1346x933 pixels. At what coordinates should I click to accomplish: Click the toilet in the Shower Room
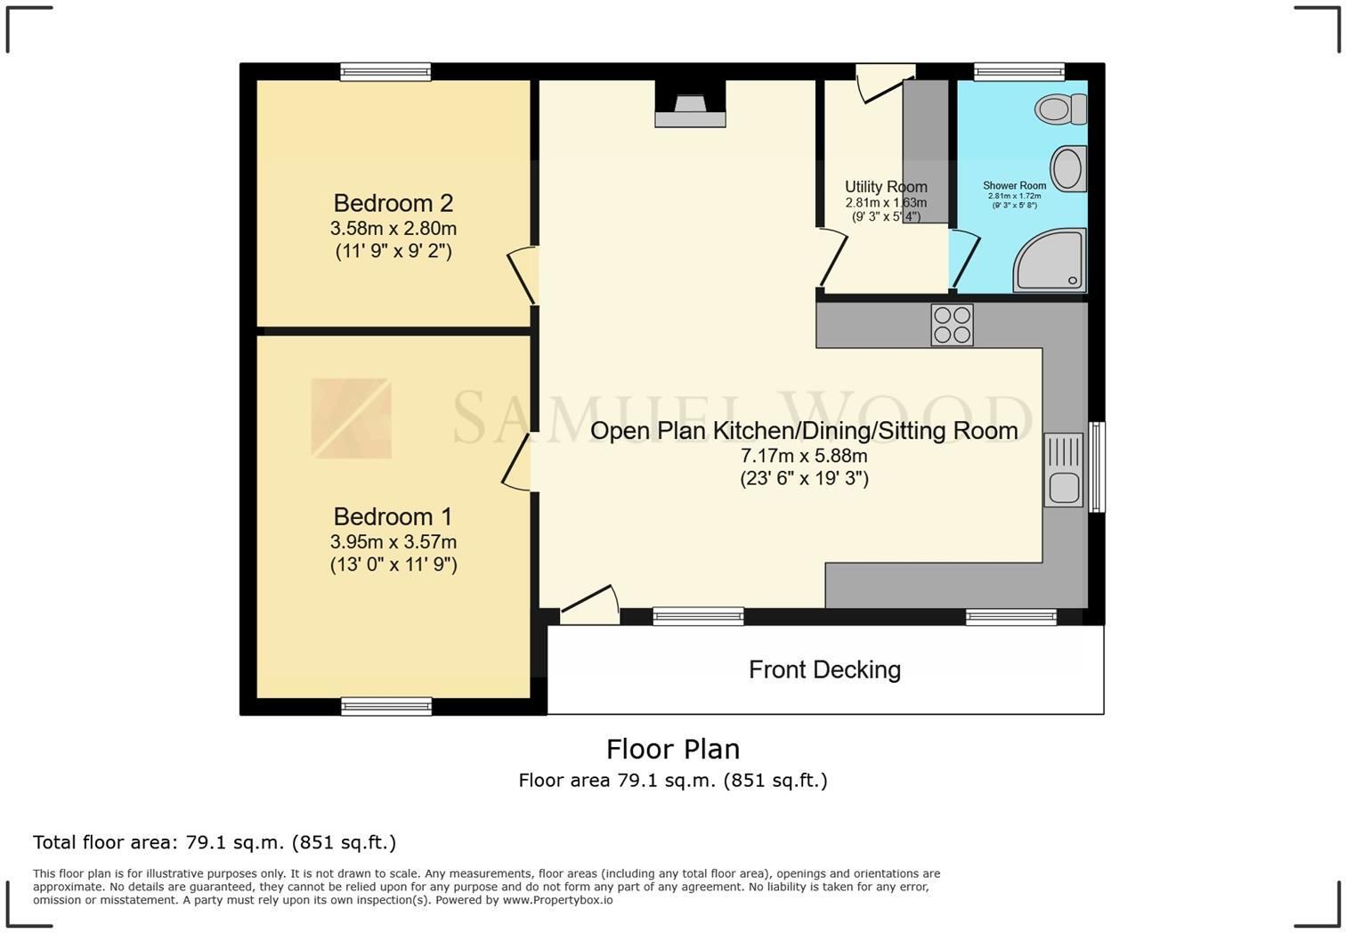pos(1060,110)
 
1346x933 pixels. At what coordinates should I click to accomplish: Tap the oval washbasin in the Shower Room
pos(1068,169)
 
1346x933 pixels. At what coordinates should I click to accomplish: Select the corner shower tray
pos(1050,260)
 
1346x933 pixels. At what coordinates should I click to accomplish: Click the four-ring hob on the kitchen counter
pos(952,325)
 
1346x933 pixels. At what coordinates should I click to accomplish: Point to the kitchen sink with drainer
pos(1063,470)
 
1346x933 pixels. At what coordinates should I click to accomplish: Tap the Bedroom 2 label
pos(393,203)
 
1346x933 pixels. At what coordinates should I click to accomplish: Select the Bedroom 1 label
pos(393,516)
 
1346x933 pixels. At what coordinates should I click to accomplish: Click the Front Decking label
pos(824,669)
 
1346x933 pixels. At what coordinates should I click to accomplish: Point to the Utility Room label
pos(886,187)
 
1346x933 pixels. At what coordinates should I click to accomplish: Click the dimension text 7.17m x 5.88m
pos(804,456)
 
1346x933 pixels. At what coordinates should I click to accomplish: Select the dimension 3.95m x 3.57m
pos(393,542)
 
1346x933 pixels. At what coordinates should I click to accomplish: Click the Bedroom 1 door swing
pos(516,461)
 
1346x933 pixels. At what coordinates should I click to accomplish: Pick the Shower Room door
pos(964,261)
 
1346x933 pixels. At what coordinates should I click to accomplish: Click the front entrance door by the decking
pos(590,605)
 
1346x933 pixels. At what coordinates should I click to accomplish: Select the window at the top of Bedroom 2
pos(385,72)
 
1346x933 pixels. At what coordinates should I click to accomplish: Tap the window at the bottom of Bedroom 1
pos(386,707)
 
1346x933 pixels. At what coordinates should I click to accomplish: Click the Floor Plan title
pos(673,750)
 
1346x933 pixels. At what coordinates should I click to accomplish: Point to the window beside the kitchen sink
pos(1097,466)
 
